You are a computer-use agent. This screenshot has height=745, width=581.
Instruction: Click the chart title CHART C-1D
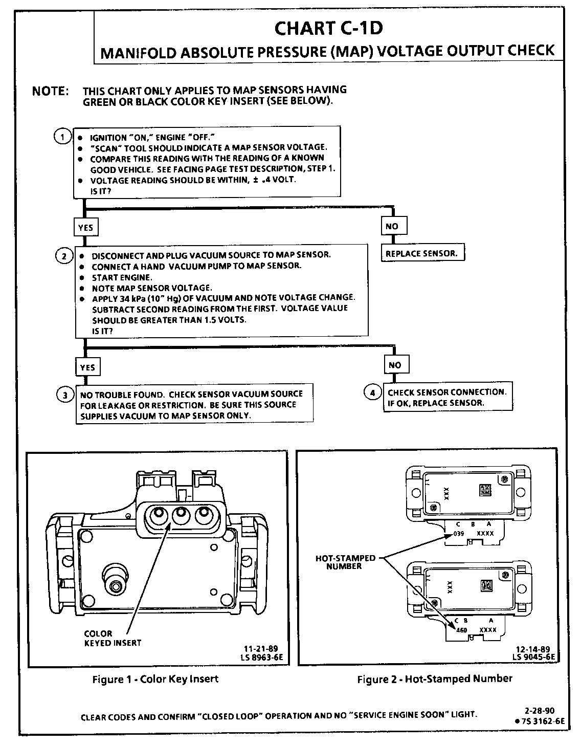[328, 28]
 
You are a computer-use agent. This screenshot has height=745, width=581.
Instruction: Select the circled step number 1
[62, 137]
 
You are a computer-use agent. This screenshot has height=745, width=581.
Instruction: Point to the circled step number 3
[64, 395]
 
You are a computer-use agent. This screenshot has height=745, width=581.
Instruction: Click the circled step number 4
[372, 392]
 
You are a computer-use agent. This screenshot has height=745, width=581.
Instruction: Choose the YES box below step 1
[85, 227]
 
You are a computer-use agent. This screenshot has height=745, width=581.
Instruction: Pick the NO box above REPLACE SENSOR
[392, 226]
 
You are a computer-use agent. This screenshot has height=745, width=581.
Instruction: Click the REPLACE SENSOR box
[422, 253]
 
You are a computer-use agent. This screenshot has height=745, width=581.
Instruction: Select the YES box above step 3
[87, 367]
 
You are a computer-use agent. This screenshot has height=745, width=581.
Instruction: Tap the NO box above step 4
[395, 365]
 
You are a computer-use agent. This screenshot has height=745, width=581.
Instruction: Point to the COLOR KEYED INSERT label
[113, 638]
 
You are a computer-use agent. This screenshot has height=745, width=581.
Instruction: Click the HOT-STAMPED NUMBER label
[345, 562]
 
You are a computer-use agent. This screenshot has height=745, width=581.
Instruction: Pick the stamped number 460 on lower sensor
[461, 630]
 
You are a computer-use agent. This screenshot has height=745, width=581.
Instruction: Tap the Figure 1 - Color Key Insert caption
[155, 679]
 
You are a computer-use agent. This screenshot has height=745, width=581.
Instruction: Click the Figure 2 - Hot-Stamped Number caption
[435, 679]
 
